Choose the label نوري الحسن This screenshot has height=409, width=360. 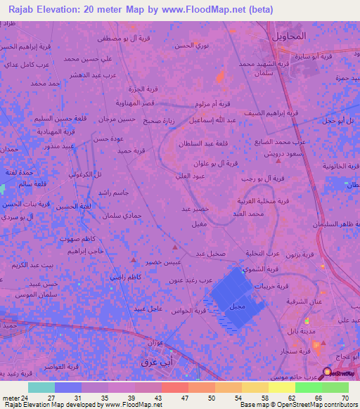point(191,46)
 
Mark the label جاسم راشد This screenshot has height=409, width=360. point(112,193)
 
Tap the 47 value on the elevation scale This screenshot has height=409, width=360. point(175,398)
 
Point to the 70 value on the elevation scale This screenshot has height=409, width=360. point(345,398)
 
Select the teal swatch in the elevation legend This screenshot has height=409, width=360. point(41,387)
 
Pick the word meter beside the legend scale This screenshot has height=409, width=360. point(11,398)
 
